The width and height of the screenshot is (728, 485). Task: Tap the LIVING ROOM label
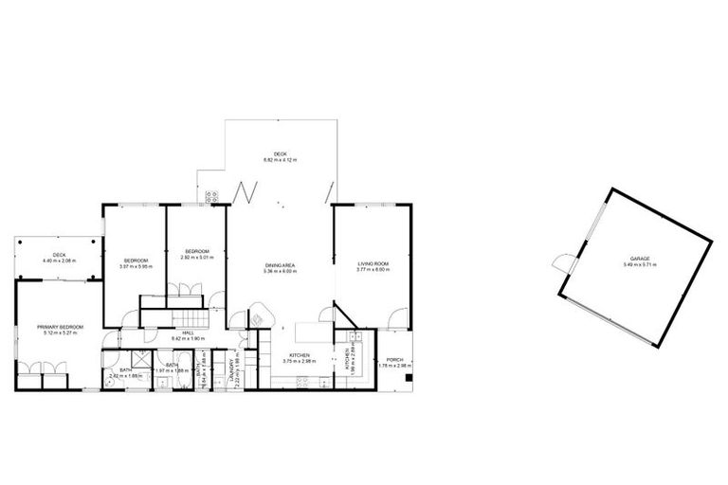coord(373,264)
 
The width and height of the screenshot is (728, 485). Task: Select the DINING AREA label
coord(281,264)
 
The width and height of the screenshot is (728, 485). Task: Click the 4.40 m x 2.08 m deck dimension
coord(59,260)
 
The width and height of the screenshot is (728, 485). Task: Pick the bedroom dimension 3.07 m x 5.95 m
coord(136,265)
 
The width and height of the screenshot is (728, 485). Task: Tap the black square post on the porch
coord(409,377)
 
